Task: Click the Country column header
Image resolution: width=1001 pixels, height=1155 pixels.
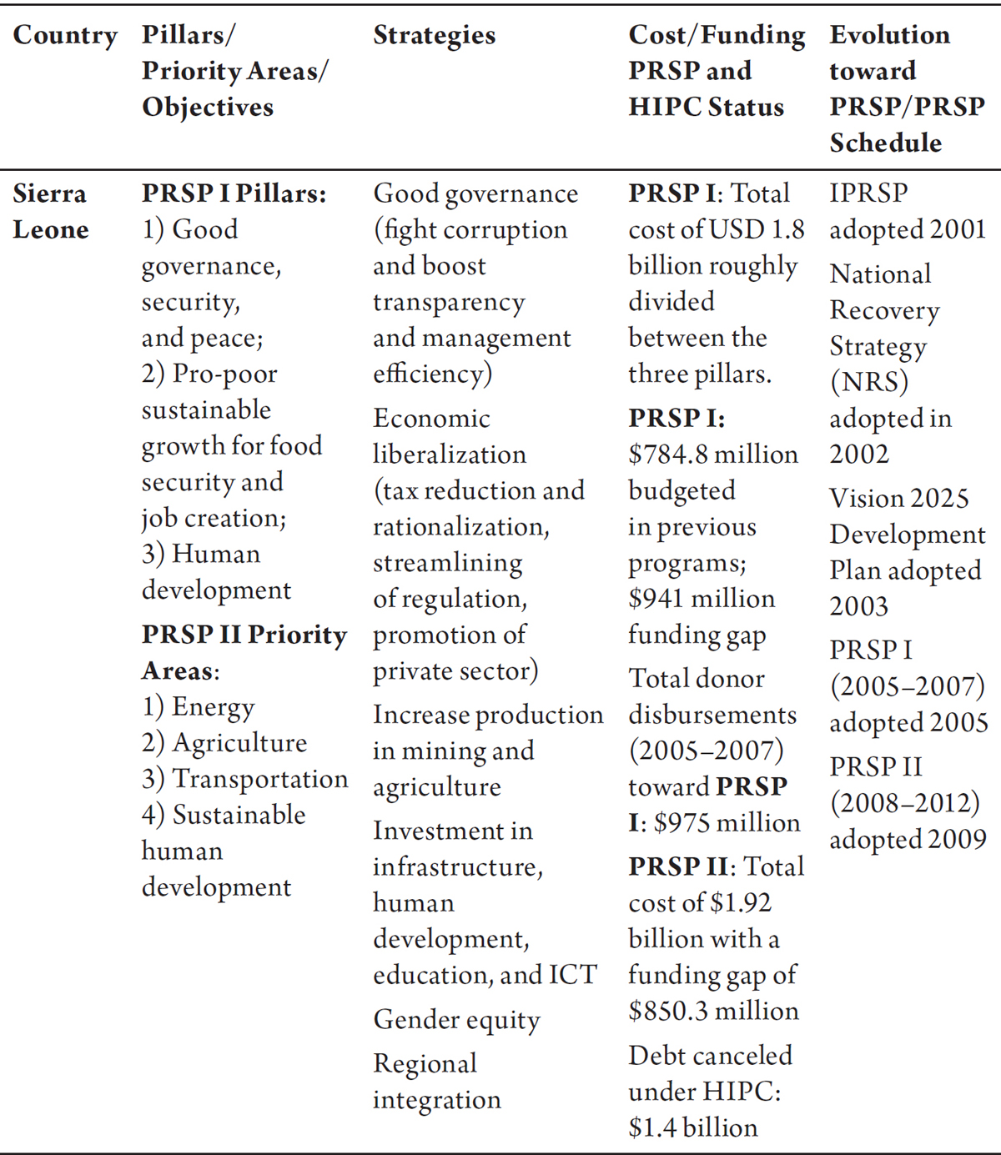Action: click(65, 36)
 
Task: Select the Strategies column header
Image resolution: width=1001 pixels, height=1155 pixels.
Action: click(434, 36)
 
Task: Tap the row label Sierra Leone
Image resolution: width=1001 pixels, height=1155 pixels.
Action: click(50, 211)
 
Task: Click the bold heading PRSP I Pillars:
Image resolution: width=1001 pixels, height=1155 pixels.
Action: click(234, 193)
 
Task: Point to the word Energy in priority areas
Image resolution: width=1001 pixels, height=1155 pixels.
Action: click(213, 707)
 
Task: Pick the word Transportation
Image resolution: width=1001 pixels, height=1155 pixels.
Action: click(260, 779)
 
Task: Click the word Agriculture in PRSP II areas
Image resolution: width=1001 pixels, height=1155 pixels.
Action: click(239, 743)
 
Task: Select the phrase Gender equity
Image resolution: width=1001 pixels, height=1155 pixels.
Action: click(456, 1020)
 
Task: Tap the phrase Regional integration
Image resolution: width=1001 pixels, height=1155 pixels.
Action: click(436, 1082)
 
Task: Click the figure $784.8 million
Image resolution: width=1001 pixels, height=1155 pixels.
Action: click(713, 454)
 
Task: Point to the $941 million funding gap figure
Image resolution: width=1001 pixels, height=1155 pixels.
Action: click(702, 599)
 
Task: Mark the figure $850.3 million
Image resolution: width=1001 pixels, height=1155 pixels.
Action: click(713, 1011)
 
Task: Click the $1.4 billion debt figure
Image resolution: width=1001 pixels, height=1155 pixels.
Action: click(693, 1127)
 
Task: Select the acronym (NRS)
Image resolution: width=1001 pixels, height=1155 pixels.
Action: click(868, 383)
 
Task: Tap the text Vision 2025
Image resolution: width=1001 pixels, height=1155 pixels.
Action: click(898, 498)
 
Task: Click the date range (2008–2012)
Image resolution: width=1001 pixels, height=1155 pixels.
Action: click(904, 803)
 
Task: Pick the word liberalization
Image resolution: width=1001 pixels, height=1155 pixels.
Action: click(449, 454)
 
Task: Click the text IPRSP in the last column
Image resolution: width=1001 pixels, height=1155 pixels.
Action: click(868, 193)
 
